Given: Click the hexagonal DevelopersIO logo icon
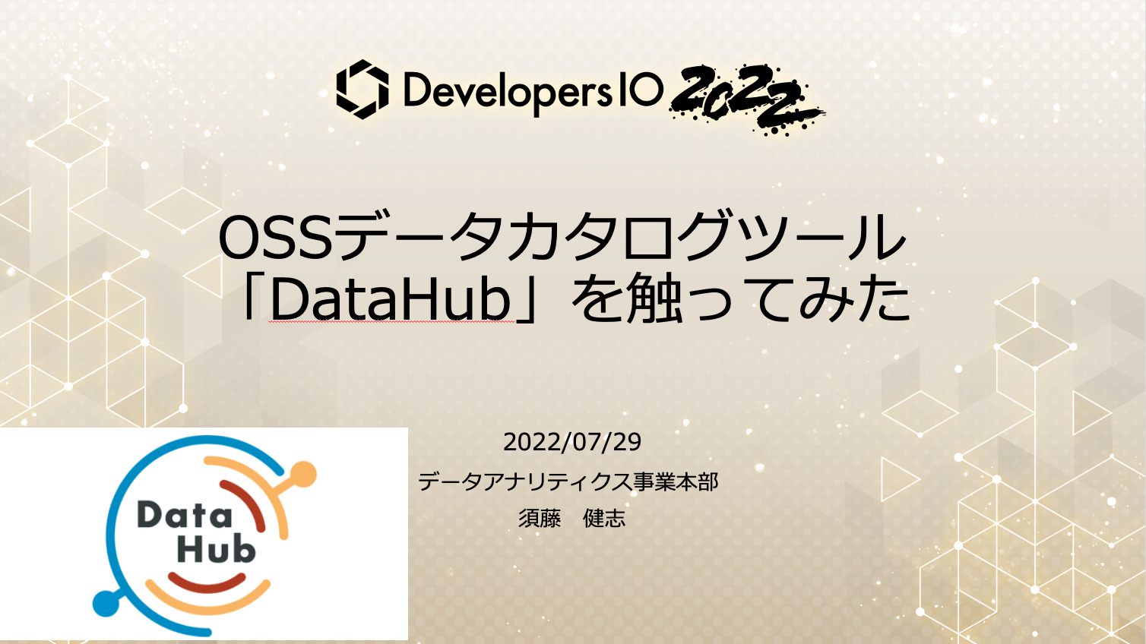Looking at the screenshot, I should coord(362,90).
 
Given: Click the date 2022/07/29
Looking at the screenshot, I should coord(572,442).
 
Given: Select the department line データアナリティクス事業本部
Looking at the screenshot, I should coord(568,481).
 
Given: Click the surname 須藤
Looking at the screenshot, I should coord(540,519).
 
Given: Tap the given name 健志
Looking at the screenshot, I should coord(604,519).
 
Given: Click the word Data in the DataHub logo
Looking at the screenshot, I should coord(184,516).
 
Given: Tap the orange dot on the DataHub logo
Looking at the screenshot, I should coord(303,475).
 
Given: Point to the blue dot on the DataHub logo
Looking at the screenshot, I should coord(104,604).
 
